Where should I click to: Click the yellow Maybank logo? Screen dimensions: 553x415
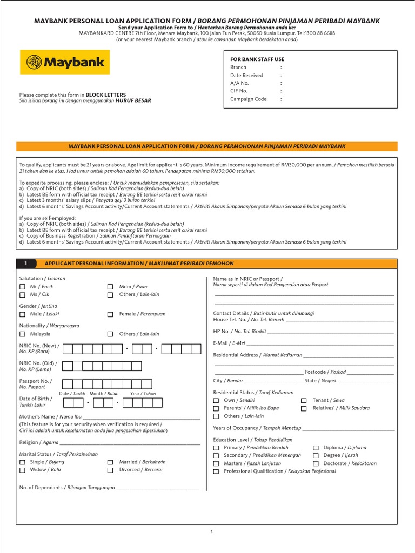point(65,62)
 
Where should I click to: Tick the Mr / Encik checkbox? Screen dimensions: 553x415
point(22,287)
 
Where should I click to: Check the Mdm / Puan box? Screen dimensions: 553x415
point(110,287)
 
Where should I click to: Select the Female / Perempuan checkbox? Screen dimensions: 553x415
point(110,314)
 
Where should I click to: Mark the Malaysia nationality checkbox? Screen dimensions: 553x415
point(22,334)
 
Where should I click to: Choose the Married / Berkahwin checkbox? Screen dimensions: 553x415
point(110,462)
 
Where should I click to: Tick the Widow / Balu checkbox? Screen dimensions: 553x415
point(22,470)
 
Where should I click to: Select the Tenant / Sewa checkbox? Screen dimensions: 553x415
point(304,401)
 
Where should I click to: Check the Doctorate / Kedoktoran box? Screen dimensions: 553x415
point(316,463)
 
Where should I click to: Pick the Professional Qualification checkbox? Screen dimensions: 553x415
point(216,471)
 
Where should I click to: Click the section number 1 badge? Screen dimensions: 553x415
point(25,264)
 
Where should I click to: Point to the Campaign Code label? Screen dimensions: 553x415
point(248,99)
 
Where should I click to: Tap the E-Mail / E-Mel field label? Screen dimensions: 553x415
point(229,343)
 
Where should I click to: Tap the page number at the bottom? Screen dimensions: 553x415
point(212,532)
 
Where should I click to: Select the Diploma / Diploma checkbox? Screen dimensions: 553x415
point(316,448)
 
